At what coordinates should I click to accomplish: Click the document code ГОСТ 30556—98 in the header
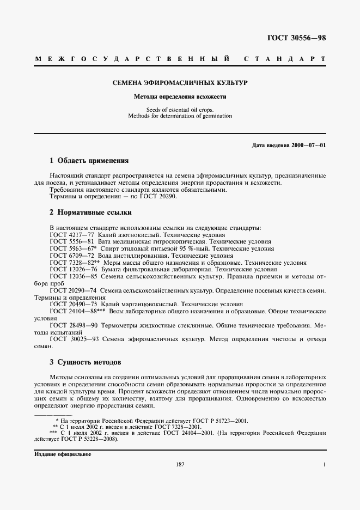coord(297,38)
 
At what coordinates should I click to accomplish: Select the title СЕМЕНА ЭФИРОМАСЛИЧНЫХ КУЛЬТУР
coord(180,83)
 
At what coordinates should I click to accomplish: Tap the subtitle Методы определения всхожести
coord(180,97)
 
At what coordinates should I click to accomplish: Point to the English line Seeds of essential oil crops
coord(180,110)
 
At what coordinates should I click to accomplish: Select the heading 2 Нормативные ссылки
coord(90,212)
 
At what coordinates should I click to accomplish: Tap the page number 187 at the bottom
coord(180,464)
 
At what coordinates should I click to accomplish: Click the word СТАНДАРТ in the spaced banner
coord(284,58)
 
